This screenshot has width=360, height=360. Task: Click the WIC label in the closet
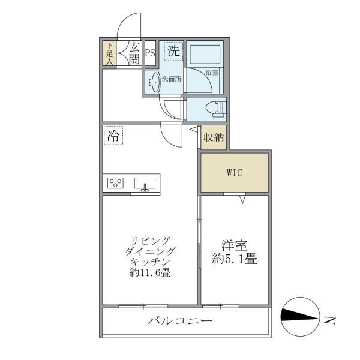pos(234,173)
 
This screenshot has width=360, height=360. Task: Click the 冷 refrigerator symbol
pos(113,136)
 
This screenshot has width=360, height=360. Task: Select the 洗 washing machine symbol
pos(173,52)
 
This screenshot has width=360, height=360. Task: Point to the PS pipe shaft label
pos(150,52)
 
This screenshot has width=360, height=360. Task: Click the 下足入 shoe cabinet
pos(109,53)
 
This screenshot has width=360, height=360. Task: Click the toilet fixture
pos(213,109)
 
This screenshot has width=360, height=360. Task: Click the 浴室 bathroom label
pos(211,73)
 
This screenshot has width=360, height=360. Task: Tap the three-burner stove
pos(115,184)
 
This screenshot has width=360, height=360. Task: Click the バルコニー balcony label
pos(179,322)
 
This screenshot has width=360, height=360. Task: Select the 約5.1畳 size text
pos(236,260)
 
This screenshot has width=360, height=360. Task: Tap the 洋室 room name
pos(236,245)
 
